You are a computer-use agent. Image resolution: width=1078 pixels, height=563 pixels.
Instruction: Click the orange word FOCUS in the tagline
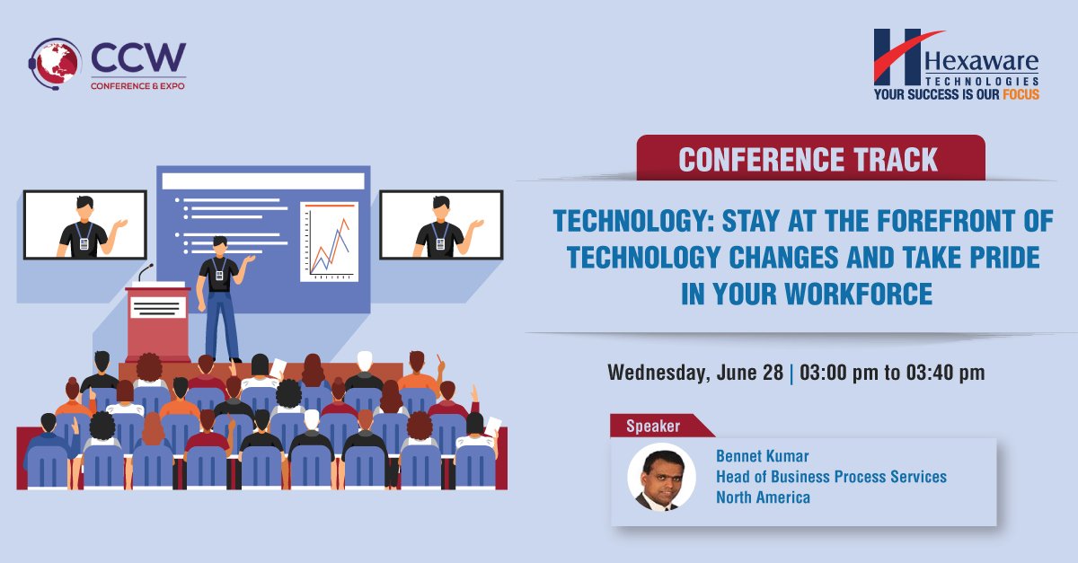point(1021,93)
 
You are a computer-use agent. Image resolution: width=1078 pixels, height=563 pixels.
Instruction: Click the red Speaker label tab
point(654,426)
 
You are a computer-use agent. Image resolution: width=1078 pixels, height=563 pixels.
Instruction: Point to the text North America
point(763,497)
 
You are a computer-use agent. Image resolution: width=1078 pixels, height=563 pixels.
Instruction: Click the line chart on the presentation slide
point(329,241)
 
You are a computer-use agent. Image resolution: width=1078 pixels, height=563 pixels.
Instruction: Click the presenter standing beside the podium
point(221,296)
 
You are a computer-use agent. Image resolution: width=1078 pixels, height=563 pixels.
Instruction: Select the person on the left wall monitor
point(84,225)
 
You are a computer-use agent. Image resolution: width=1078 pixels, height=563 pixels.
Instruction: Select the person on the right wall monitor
point(440,225)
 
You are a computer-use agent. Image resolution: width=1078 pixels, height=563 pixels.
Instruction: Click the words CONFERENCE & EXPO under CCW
point(137,85)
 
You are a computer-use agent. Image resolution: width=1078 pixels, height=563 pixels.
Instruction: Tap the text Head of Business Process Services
point(831,477)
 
